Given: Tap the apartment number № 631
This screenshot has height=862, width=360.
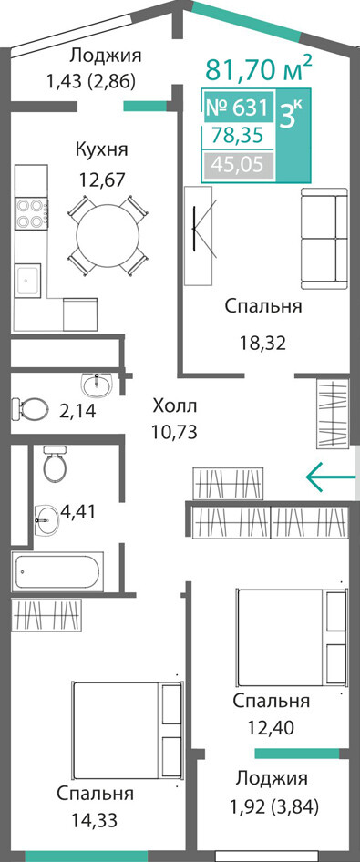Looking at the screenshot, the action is [x=237, y=108].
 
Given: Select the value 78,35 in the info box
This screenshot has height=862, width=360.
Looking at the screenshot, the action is [x=238, y=136].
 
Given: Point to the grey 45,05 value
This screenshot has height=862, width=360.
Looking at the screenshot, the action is [x=238, y=164].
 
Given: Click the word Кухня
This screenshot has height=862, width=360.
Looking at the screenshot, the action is [x=102, y=149].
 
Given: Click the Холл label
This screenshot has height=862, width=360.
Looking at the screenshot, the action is [x=175, y=407].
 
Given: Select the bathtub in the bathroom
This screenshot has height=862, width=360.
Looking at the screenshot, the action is [x=57, y=571].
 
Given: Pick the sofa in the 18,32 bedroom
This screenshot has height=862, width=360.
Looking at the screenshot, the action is [x=324, y=239].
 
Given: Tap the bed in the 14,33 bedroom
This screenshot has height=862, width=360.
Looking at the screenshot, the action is [x=127, y=730].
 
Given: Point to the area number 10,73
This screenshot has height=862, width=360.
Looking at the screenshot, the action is [x=175, y=433].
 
